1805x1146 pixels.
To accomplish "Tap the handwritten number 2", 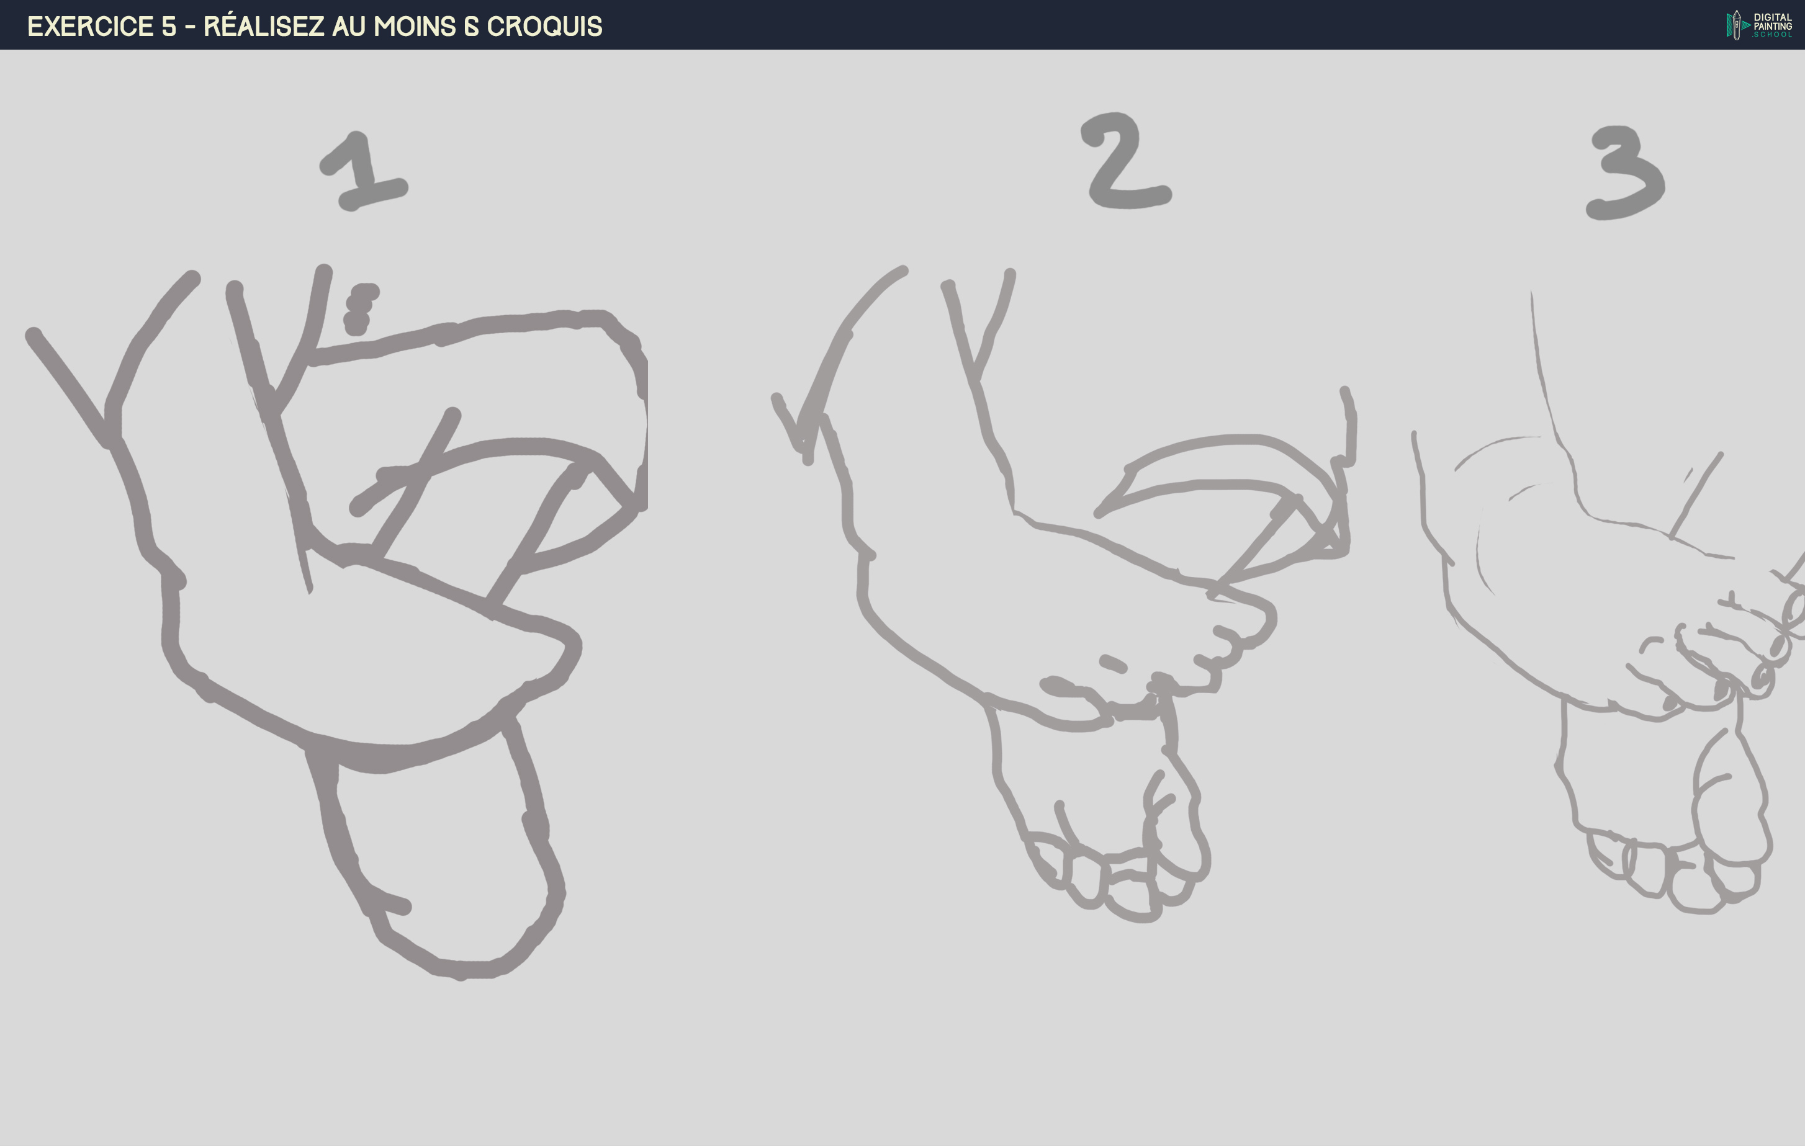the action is pyautogui.click(x=1127, y=161).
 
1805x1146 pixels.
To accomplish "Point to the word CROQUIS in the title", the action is pyautogui.click(x=544, y=26).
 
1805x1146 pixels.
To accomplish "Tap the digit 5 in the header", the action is pyautogui.click(x=169, y=26).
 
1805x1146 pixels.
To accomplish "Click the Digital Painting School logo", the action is pyautogui.click(x=1758, y=25).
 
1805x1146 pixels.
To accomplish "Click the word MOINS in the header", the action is pyautogui.click(x=415, y=26).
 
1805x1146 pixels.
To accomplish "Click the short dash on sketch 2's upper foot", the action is pyautogui.click(x=1112, y=663).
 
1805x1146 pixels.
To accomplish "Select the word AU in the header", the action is pyautogui.click(x=349, y=26).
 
